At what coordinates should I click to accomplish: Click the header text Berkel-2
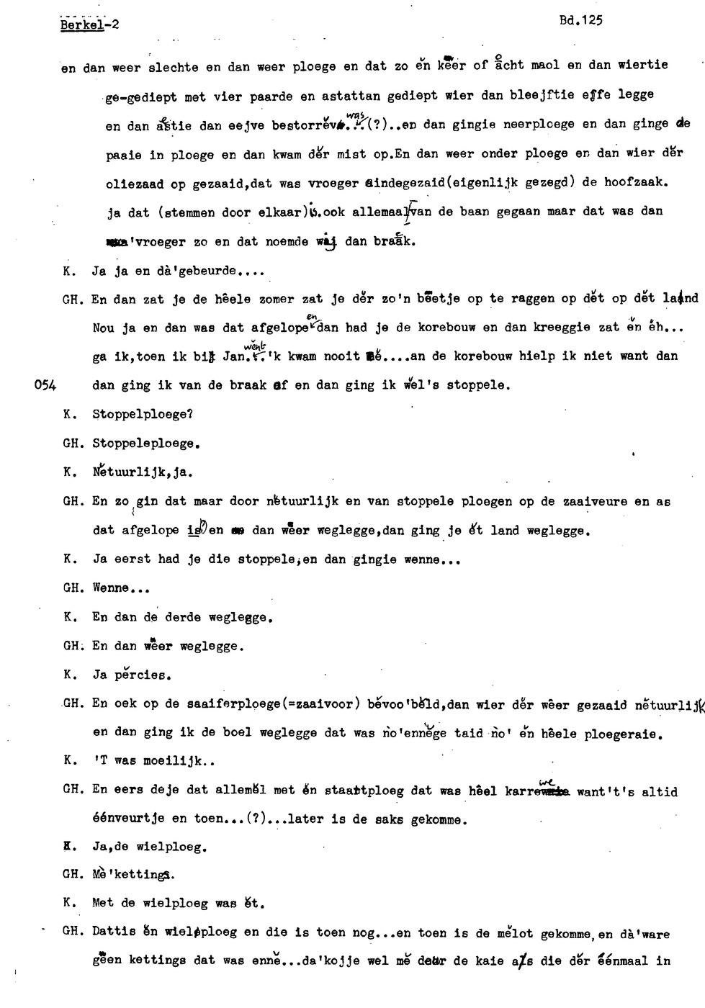[x=90, y=24]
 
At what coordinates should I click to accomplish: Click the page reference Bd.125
[x=580, y=21]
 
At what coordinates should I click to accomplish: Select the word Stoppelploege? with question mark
[x=143, y=415]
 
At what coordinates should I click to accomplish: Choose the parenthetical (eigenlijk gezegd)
[x=496, y=183]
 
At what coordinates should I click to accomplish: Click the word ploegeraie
[x=624, y=734]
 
